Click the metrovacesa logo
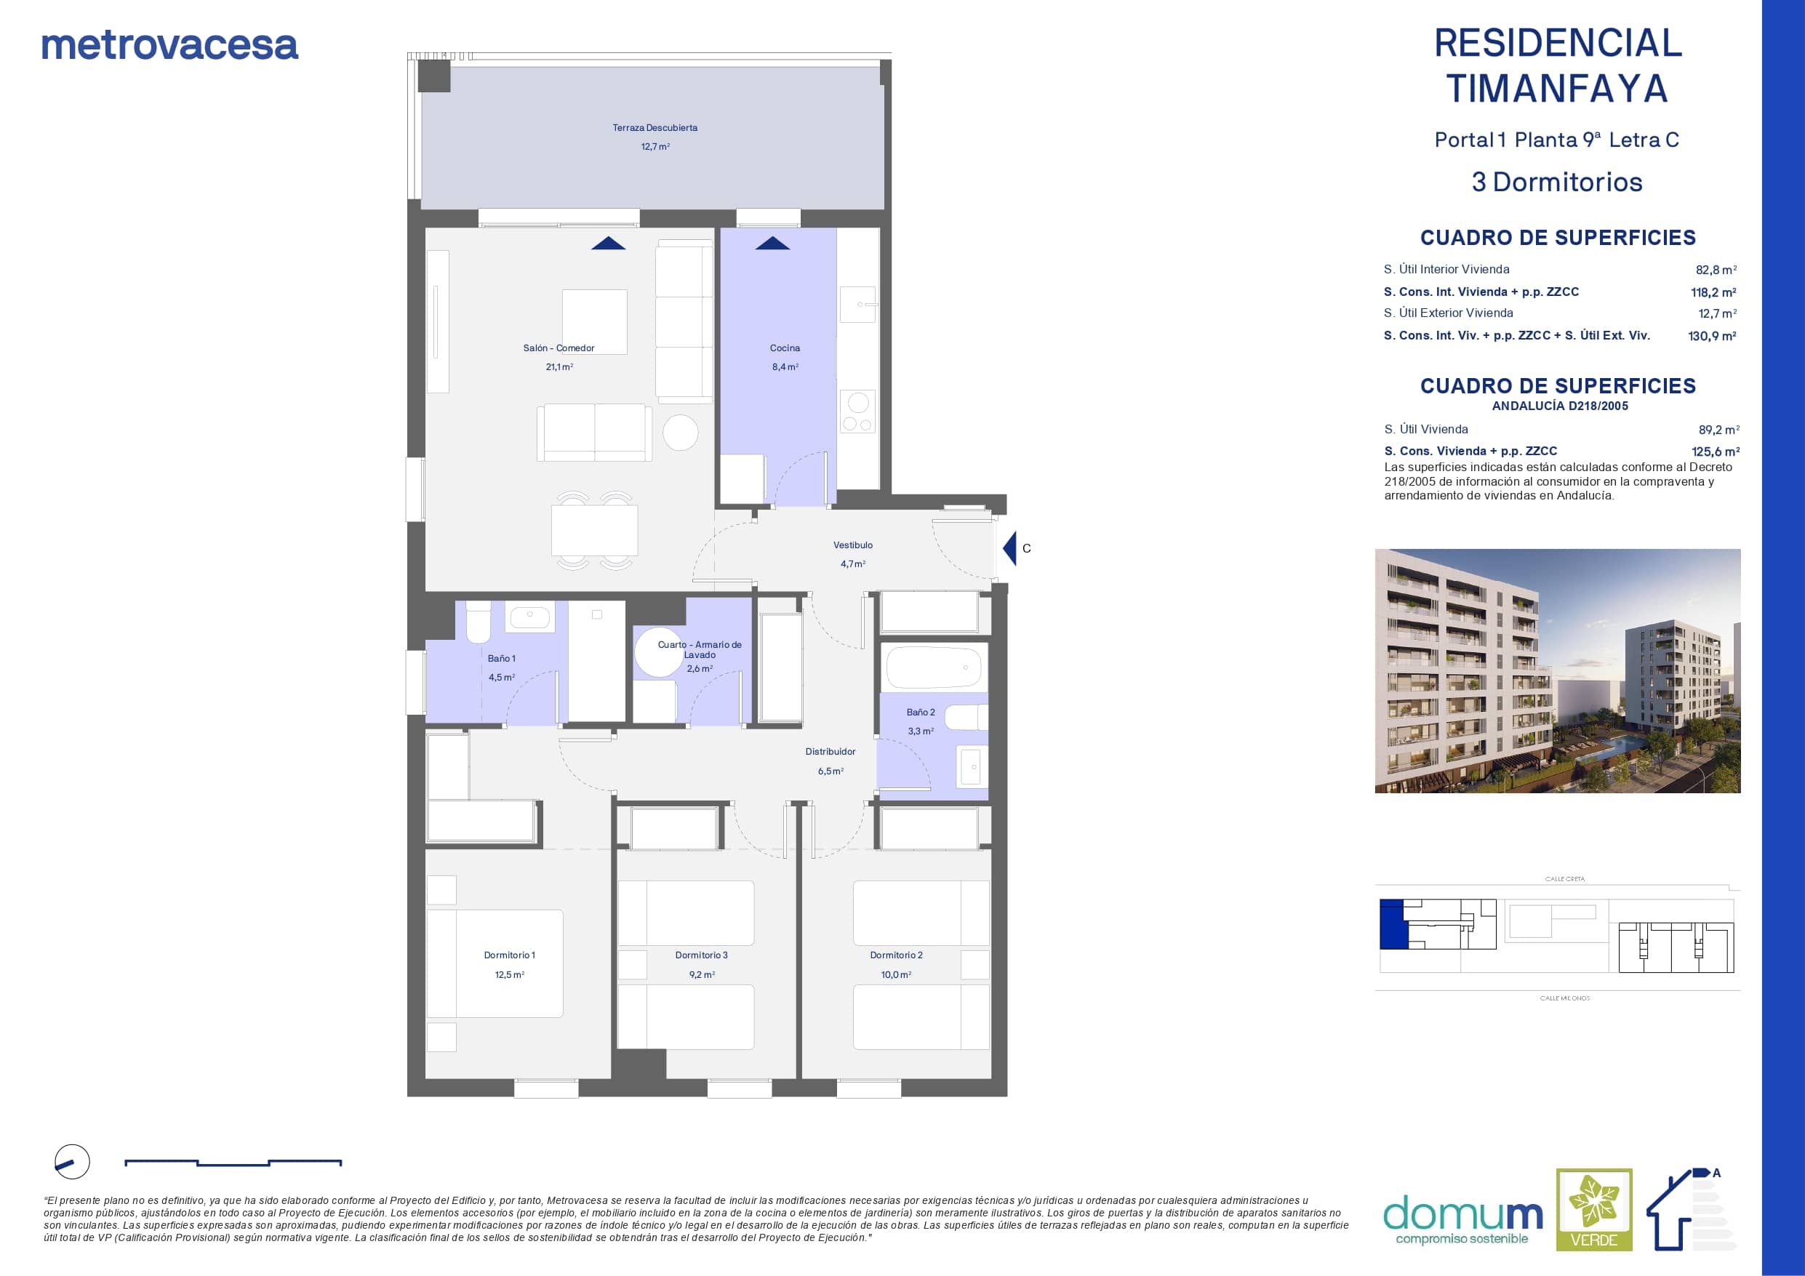point(169,47)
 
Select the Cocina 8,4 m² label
point(785,357)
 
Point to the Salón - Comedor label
point(559,348)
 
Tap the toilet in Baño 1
point(478,622)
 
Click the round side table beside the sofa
point(680,433)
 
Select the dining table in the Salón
point(594,531)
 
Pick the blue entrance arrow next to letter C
point(1009,548)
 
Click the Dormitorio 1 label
point(509,955)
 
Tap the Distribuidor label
point(831,752)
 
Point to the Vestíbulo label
point(853,545)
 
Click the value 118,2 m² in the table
point(1714,292)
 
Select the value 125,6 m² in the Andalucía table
point(1716,452)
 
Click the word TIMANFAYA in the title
point(1557,88)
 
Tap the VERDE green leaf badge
point(1594,1209)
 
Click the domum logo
point(1463,1220)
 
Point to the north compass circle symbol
point(72,1162)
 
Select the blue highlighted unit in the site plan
point(1391,924)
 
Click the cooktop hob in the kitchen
point(857,412)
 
